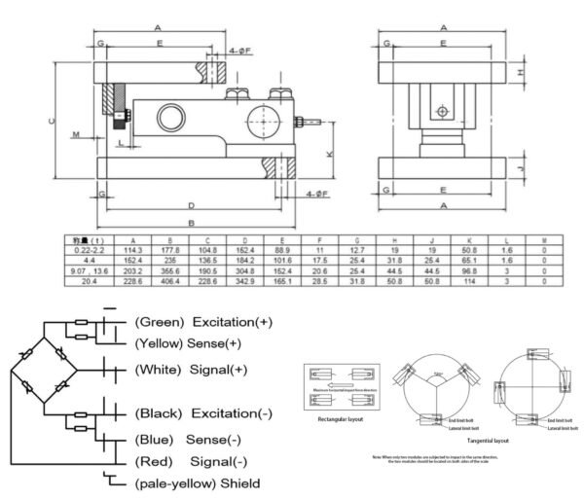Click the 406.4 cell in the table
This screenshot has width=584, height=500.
coord(170,280)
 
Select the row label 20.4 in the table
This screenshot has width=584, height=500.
coord(85,280)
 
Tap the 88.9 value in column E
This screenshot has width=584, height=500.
coord(282,251)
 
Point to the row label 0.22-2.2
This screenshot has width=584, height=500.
coord(85,251)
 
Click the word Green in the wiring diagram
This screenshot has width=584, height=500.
coord(159,322)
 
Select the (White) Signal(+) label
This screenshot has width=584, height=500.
coord(192,370)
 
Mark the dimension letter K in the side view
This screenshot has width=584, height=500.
coord(330,154)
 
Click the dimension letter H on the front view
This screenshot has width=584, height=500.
coord(522,72)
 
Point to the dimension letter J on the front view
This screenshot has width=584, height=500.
coord(522,167)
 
